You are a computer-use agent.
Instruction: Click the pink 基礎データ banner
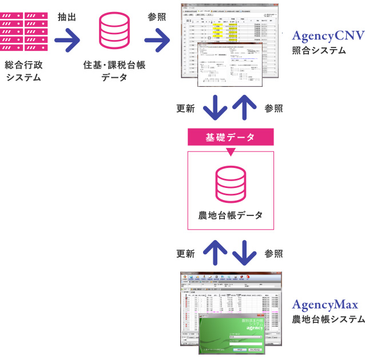[x=231, y=137]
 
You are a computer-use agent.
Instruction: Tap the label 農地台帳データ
[x=231, y=215]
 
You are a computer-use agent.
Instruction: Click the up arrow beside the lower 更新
[x=216, y=251]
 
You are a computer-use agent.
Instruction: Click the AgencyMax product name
[x=324, y=305]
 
